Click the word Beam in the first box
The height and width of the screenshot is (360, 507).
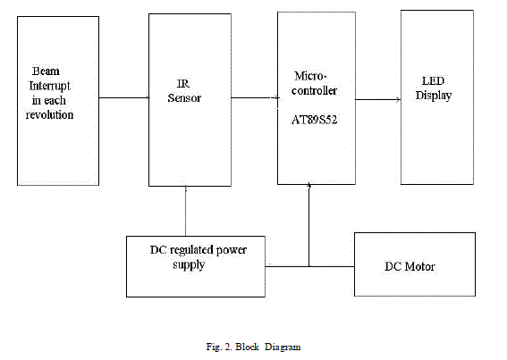(44, 71)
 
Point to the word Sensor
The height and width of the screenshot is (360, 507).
(184, 98)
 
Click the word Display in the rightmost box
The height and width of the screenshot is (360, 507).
(433, 96)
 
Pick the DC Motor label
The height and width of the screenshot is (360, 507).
(410, 266)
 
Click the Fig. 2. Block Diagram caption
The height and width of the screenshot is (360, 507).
(253, 345)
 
